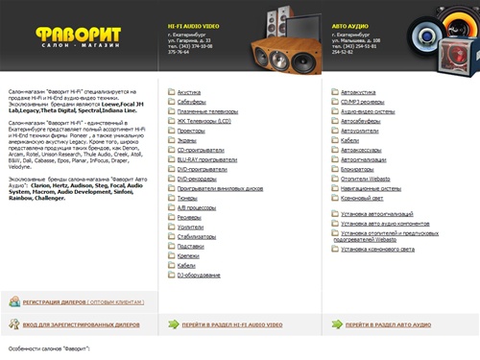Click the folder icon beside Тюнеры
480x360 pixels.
click(x=171, y=199)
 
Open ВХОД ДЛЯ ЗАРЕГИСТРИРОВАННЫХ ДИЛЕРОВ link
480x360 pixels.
click(x=81, y=325)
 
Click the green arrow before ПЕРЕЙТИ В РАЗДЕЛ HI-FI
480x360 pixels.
click(x=173, y=324)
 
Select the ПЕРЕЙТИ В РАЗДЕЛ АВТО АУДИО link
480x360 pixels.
click(x=388, y=325)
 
